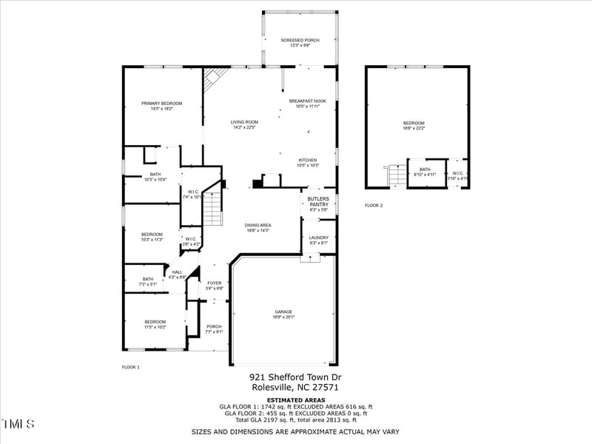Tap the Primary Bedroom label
pos(161,103)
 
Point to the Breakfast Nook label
pos(307,101)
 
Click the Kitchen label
pos(308,160)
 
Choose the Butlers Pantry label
pos(318,201)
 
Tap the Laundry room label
pos(318,238)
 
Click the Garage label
pos(283,312)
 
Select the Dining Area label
pos(258,225)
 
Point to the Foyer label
pos(214,283)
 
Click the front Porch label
pos(214,326)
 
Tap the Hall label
pos(177,272)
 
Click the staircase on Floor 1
pos(213,207)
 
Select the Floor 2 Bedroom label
pos(414,123)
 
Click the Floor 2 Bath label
pos(425,169)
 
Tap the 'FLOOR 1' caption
pos(131,367)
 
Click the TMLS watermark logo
pos(18,424)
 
